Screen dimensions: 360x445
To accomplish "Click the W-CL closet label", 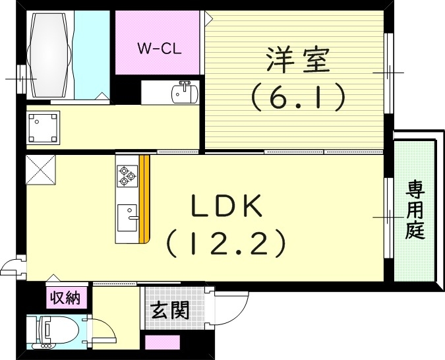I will [x=159, y=47].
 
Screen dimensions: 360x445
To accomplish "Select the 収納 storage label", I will [x=67, y=298].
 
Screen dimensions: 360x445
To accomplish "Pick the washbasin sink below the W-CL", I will [x=185, y=94].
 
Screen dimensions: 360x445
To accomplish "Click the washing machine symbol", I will [x=44, y=128].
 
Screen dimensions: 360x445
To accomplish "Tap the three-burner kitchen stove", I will [x=126, y=175].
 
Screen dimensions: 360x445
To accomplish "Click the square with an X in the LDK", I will [x=41, y=171].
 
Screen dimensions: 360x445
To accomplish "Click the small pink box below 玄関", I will [x=162, y=343].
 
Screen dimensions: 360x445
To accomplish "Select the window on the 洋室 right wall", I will [x=388, y=71].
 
